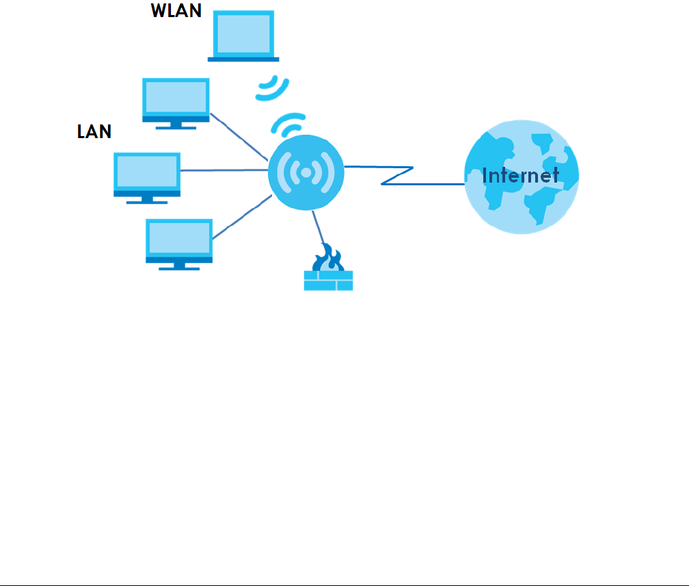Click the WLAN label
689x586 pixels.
tap(176, 11)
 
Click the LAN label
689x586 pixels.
tap(94, 131)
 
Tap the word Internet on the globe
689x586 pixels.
tap(520, 176)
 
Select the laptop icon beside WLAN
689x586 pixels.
tap(243, 36)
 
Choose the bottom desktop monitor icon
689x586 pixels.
tap(179, 241)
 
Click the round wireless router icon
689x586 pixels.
tap(306, 173)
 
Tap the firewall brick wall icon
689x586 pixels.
tap(328, 280)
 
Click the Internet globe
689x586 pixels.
tap(522, 176)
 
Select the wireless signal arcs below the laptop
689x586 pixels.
tap(272, 88)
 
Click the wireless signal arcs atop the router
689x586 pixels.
tap(288, 123)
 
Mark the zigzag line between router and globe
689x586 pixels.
tap(396, 176)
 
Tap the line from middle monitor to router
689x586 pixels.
tap(224, 170)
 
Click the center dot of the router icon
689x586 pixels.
tap(306, 173)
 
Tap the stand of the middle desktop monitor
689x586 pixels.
tap(147, 199)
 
